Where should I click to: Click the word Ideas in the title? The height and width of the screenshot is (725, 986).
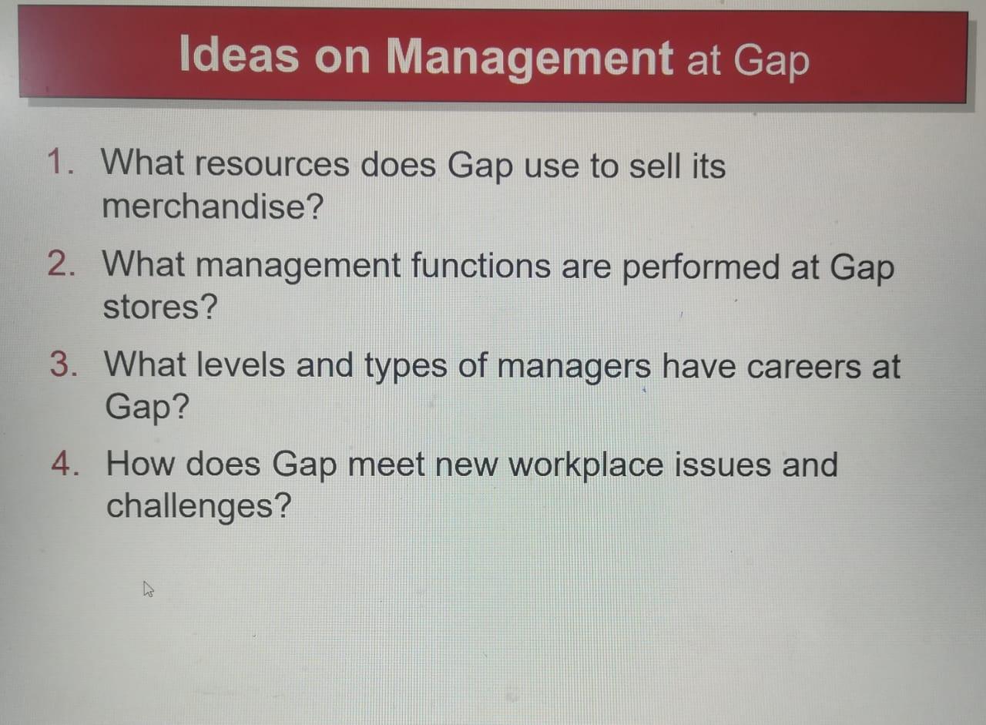coord(238,55)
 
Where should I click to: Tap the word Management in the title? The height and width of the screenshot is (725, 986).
coord(529,57)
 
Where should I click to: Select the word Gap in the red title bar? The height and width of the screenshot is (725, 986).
coord(771,60)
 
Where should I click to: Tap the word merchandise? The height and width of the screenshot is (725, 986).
coord(212,206)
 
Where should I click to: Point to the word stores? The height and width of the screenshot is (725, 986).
coord(160,307)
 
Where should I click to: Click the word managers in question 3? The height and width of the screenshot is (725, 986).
coord(573,367)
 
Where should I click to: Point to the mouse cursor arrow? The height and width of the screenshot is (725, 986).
coord(149,590)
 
